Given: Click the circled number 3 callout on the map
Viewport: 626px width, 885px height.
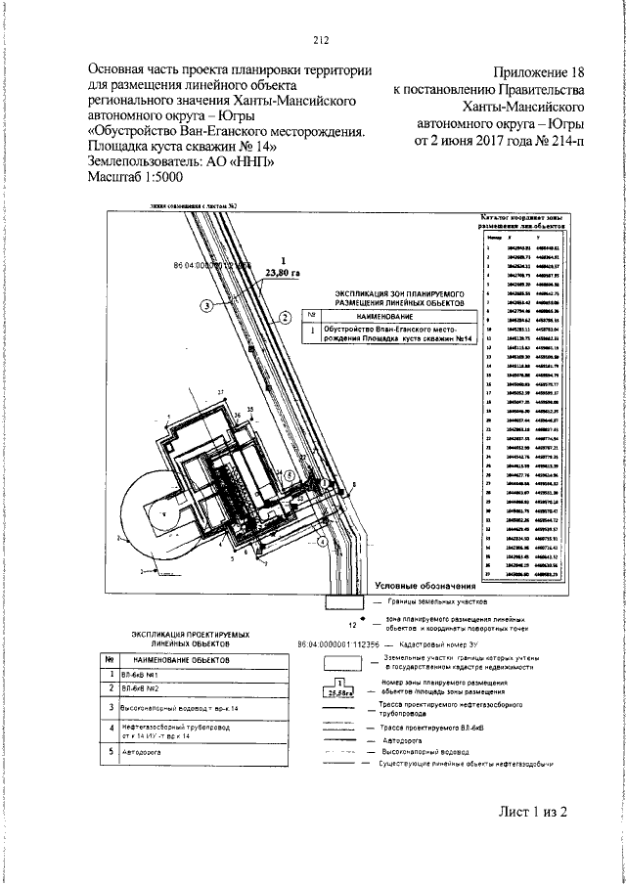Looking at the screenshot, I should pyautogui.click(x=207, y=306).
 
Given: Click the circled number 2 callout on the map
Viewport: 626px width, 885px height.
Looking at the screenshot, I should pyautogui.click(x=283, y=317).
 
